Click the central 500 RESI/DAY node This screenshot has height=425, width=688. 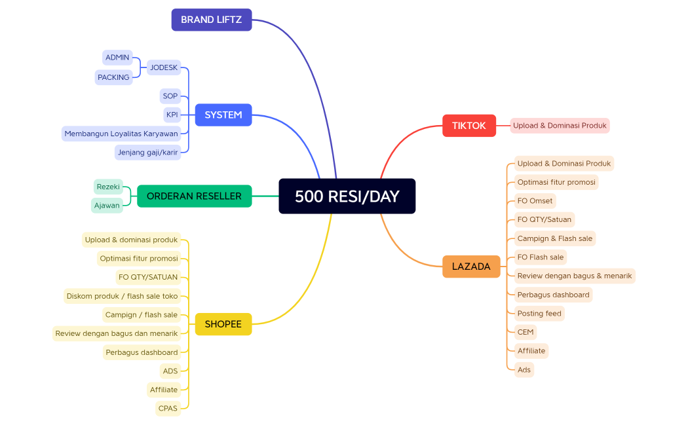point(347,196)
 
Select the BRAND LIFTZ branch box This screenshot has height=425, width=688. point(212,20)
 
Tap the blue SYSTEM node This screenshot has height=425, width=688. point(223,115)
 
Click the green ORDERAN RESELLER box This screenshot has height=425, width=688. point(194,196)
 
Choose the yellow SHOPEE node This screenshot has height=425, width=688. point(223,324)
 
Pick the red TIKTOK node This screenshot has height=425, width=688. point(469,126)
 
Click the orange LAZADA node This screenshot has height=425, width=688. point(471,267)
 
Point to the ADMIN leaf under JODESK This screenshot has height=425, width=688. point(117,58)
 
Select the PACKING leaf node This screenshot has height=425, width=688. point(113,77)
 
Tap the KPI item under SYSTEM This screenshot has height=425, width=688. point(172,115)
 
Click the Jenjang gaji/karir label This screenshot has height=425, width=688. point(147,153)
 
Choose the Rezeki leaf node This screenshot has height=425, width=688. point(108,187)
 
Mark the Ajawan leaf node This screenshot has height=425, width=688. point(107,206)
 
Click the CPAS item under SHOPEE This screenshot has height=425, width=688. point(168,409)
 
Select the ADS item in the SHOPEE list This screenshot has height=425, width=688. point(170,371)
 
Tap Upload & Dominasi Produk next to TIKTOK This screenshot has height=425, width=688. point(560,126)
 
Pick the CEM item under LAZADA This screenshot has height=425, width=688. point(526,332)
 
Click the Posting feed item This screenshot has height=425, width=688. point(539,314)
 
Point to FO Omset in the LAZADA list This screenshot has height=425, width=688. point(535,201)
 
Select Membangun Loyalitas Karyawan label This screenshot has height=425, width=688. point(121,134)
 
